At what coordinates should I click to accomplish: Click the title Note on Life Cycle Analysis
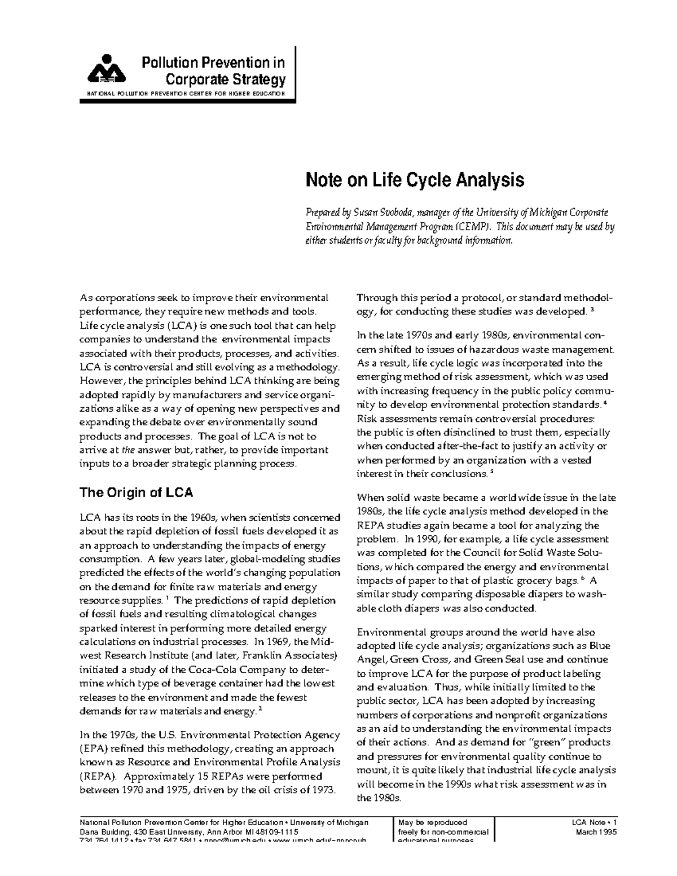pyautogui.click(x=415, y=181)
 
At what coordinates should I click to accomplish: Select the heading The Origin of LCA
pyautogui.click(x=136, y=492)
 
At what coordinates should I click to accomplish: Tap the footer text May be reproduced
pyautogui.click(x=432, y=822)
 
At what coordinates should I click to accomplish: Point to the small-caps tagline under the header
pyautogui.click(x=185, y=93)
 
